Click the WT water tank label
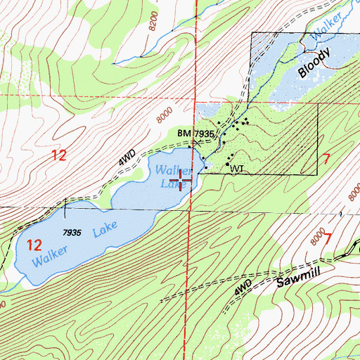236,169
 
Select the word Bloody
313,63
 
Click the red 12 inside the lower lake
33,245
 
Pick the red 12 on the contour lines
59,155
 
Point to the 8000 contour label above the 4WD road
165,112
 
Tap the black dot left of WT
228,165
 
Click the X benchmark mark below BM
198,143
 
